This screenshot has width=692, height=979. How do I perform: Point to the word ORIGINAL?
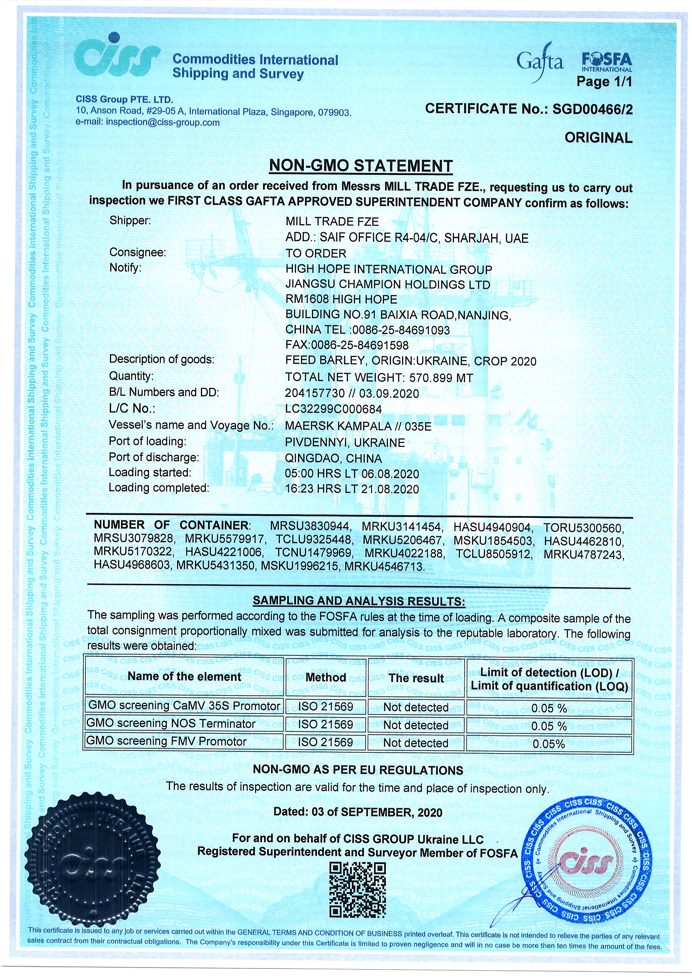coord(598,138)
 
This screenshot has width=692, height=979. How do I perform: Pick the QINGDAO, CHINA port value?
coord(333,458)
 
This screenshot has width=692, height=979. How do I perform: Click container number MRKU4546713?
coord(384,567)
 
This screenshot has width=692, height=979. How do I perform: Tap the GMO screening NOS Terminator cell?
coord(171,724)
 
